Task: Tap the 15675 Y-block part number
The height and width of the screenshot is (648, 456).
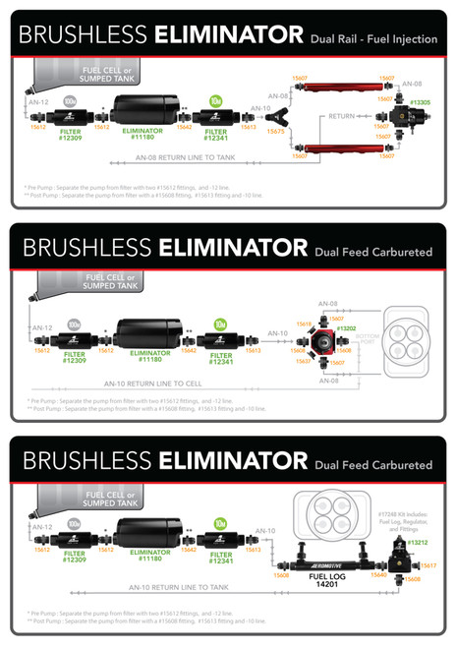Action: click(x=275, y=131)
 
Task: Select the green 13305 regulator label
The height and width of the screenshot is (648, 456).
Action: click(x=422, y=102)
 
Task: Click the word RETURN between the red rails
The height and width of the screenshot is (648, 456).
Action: click(x=340, y=116)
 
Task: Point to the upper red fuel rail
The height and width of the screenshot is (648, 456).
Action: click(x=333, y=88)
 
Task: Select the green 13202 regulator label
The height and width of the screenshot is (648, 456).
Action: click(x=346, y=327)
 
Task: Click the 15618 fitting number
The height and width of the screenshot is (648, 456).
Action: click(x=304, y=324)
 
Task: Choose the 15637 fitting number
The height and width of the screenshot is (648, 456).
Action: click(x=304, y=361)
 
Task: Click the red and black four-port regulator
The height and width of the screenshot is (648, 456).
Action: click(x=321, y=343)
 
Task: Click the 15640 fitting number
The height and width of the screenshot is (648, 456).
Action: click(x=379, y=575)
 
